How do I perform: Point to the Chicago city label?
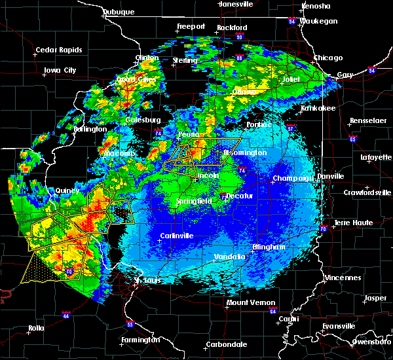tap(327, 58)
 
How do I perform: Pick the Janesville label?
tap(236, 3)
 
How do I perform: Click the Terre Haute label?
tap(354, 223)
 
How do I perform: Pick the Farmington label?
tap(140, 340)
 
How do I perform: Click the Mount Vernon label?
tap(246, 302)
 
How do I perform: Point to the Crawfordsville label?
tap(367, 192)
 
